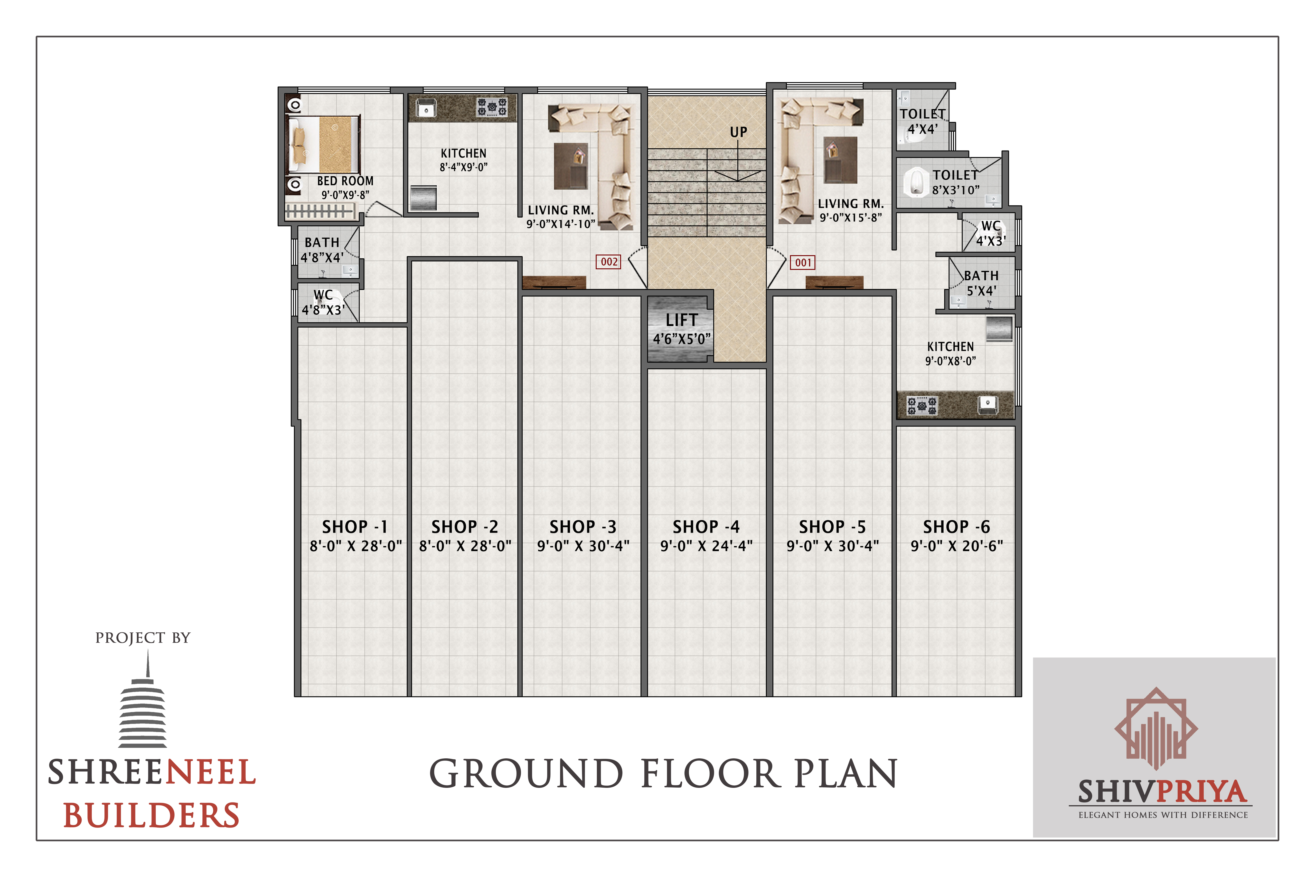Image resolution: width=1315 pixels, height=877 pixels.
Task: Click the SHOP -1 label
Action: pyautogui.click(x=355, y=527)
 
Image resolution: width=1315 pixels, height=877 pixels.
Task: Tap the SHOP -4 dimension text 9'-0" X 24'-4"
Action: pyautogui.click(x=706, y=546)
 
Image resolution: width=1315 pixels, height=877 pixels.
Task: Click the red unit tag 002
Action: pyautogui.click(x=609, y=262)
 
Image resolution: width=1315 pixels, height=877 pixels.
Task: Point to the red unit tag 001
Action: pyautogui.click(x=803, y=262)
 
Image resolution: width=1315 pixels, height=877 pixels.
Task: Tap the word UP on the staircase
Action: pyautogui.click(x=738, y=132)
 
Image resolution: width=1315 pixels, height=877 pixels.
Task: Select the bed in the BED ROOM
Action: pyautogui.click(x=323, y=144)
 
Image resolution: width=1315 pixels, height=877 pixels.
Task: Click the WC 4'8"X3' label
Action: pyautogui.click(x=323, y=302)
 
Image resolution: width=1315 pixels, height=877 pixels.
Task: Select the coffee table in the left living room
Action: pyautogui.click(x=571, y=166)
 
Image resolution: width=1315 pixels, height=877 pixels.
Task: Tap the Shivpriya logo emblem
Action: pyautogui.click(x=1156, y=729)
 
